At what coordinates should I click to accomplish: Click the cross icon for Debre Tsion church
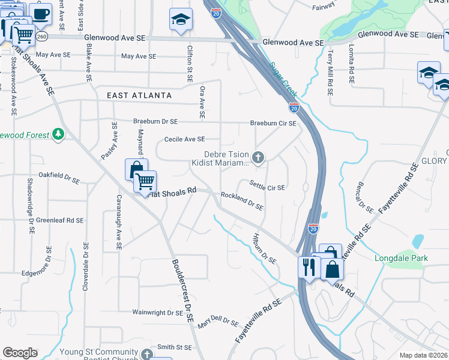[x=258, y=158]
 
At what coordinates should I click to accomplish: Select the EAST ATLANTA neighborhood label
[x=139, y=95]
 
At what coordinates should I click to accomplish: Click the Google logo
[x=20, y=352]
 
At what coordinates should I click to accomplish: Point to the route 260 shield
[x=41, y=37]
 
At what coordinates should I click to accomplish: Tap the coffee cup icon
[x=41, y=13]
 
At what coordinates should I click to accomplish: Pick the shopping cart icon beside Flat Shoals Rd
[x=145, y=182]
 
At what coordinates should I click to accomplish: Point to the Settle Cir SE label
[x=267, y=187]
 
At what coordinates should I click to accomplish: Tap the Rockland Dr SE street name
[x=242, y=201]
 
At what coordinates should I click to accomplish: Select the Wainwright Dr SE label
[x=158, y=313]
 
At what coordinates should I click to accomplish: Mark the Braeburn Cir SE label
[x=273, y=124]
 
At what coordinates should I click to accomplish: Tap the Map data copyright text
[x=423, y=355]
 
